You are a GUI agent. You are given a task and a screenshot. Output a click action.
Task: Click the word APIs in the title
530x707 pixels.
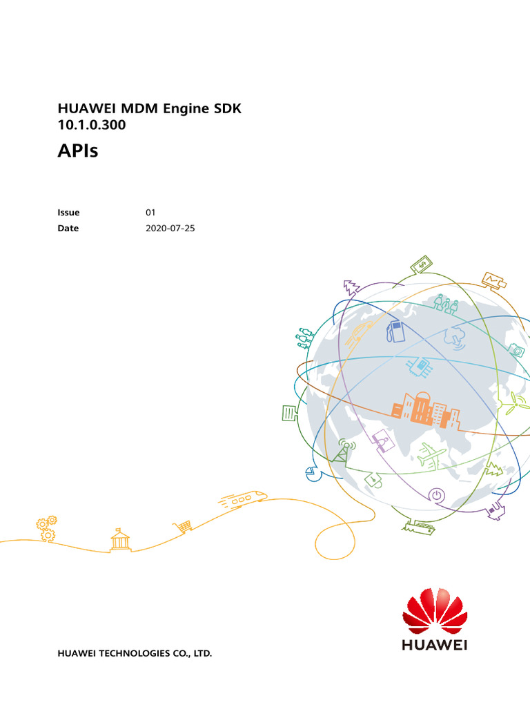(x=77, y=151)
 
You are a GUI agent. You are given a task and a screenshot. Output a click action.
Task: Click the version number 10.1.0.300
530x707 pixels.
(x=91, y=126)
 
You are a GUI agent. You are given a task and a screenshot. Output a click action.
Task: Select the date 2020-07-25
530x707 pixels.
(x=170, y=228)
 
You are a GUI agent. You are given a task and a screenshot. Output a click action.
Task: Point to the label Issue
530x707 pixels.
(x=68, y=213)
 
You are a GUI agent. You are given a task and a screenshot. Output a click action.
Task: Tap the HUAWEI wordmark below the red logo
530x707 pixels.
(x=435, y=646)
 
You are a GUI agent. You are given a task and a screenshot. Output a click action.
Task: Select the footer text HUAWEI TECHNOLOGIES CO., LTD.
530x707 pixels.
(x=135, y=652)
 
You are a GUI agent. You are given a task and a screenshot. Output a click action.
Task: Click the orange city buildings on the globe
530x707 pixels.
(x=425, y=408)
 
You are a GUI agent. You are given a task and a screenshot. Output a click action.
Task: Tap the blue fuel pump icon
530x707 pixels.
(x=395, y=330)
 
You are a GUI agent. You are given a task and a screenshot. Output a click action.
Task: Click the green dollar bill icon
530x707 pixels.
(x=421, y=264)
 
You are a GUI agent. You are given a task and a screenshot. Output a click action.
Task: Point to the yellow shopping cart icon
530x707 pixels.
(x=184, y=527)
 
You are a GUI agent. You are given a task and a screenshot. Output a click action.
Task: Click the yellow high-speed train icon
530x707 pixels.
(x=242, y=498)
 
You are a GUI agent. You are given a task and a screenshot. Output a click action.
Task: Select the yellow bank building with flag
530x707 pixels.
(x=120, y=539)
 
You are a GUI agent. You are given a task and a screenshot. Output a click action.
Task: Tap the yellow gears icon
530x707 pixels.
(x=47, y=528)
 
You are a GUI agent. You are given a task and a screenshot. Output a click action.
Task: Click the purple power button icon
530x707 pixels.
(x=437, y=494)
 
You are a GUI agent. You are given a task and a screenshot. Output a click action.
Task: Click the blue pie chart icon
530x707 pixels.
(x=310, y=474)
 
